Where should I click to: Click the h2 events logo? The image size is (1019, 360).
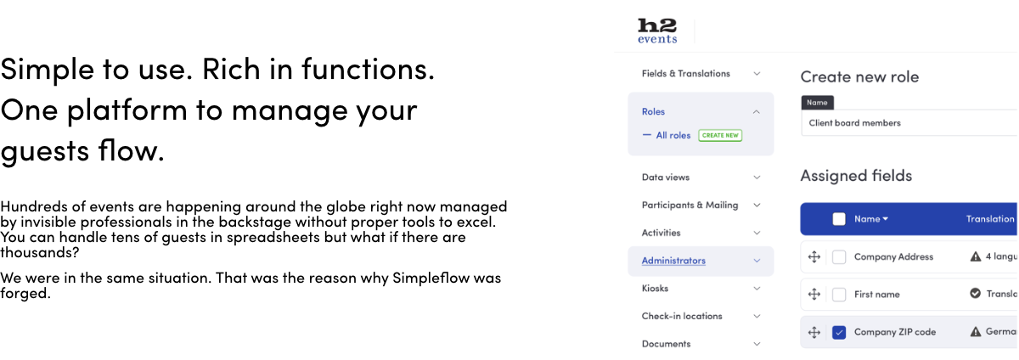(657, 31)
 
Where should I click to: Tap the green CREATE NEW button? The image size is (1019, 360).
(720, 135)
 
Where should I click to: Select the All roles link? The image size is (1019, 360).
(673, 135)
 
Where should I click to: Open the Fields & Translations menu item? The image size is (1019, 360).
(685, 73)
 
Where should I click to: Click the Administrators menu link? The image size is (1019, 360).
(673, 261)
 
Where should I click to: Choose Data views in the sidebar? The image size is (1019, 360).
(666, 177)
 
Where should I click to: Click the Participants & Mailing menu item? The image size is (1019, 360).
(690, 205)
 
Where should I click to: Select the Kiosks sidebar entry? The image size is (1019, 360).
(655, 288)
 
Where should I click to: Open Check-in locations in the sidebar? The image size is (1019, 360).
(681, 316)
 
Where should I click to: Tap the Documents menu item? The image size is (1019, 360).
(666, 344)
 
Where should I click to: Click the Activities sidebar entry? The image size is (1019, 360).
(661, 233)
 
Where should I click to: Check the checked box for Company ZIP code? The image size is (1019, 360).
(839, 332)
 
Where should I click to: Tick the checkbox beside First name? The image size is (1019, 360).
(839, 295)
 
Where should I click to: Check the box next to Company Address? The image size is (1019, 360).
(839, 257)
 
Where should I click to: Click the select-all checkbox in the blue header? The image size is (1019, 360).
(839, 219)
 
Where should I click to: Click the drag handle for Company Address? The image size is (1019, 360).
(814, 257)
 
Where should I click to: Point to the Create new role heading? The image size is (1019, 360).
(859, 77)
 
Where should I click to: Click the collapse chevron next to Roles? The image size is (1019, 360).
(756, 112)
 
